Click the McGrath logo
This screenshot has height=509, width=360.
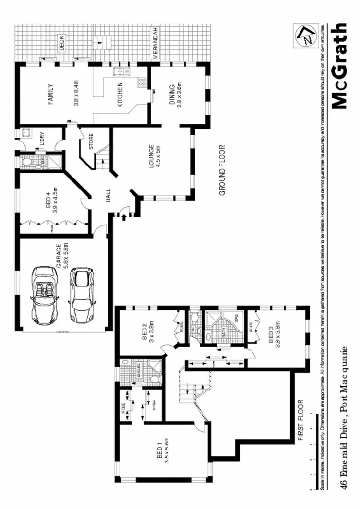pos(339,66)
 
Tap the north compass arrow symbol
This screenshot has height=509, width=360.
pos(306,36)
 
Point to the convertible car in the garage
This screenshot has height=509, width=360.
pos(44,293)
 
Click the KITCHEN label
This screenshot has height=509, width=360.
pos(120,95)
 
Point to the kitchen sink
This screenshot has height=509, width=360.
pos(119,72)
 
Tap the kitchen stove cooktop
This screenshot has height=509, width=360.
pos(142,82)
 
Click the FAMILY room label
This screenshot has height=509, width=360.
pos(50,94)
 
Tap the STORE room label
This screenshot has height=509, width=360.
pos(91,142)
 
